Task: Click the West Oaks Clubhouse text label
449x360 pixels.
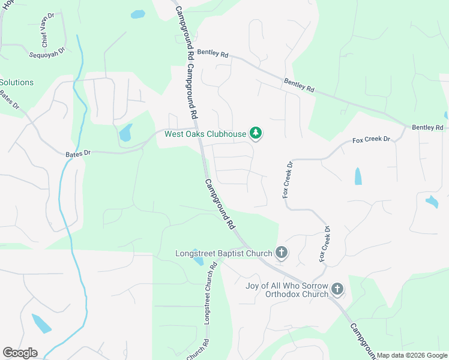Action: pos(205,134)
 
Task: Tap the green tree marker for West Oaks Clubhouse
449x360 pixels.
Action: pos(256,133)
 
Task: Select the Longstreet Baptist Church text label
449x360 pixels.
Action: pos(223,253)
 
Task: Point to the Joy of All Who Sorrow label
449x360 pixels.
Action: pos(287,285)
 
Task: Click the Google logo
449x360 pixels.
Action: pos(20,352)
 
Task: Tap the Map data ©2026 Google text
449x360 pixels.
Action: pos(412,355)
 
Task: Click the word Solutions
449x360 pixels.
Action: pos(17,82)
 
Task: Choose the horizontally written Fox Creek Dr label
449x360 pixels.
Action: pos(371,140)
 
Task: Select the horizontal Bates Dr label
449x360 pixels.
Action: pos(77,154)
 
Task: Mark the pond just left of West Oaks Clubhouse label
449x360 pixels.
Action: pos(125,133)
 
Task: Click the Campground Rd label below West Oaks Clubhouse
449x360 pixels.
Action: pos(219,205)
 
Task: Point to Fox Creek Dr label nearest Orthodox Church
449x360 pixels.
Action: pos(325,244)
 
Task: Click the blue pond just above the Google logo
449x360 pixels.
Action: pos(41,324)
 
